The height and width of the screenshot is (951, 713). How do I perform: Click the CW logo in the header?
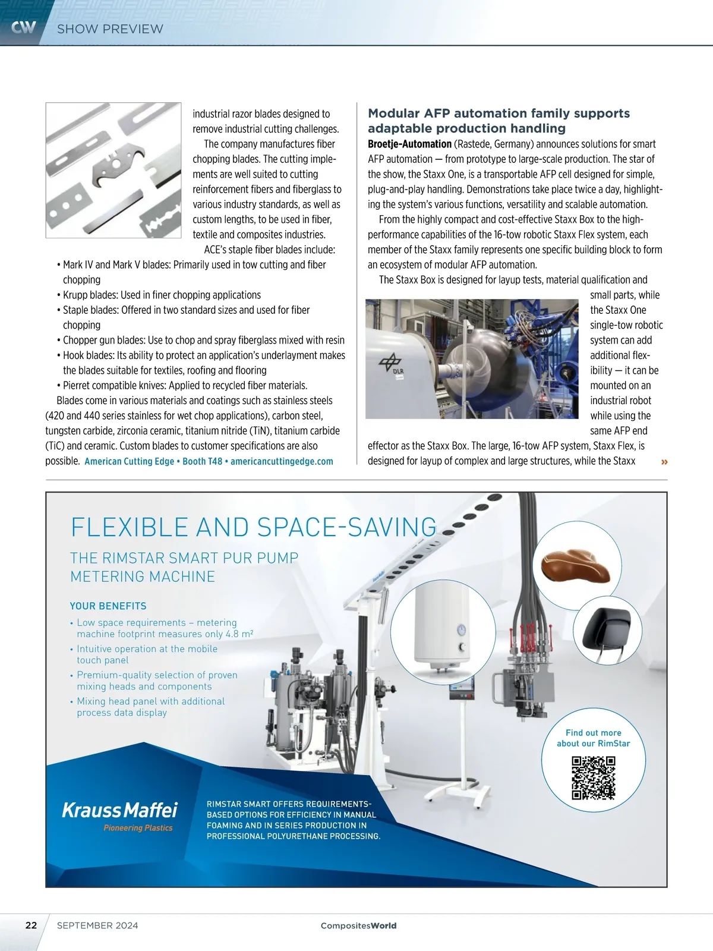pos(24,27)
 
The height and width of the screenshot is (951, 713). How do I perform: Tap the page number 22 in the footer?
pos(31,925)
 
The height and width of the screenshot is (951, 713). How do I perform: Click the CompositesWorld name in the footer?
pos(358,925)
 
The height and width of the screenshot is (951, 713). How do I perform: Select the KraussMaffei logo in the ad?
pos(119,810)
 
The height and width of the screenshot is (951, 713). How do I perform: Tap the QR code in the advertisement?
pos(593,777)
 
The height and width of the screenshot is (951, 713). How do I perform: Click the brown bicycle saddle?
pos(576,568)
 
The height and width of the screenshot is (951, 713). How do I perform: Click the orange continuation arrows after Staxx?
pos(664,462)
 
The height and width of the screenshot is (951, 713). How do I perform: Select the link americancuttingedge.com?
pos(282,461)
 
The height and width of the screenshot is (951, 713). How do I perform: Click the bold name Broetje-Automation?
pos(409,144)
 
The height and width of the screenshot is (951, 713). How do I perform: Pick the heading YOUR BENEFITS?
pos(108,606)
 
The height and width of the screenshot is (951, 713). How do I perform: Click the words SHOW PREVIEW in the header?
pos(110,29)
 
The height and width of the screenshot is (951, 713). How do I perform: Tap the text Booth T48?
pos(202,461)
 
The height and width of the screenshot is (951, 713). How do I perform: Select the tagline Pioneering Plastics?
pos(138,828)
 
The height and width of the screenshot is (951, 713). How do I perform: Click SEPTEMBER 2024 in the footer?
pos(97,925)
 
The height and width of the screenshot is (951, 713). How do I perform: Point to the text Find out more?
pos(593,733)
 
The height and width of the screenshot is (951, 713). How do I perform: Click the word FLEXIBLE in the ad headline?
pos(130,527)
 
